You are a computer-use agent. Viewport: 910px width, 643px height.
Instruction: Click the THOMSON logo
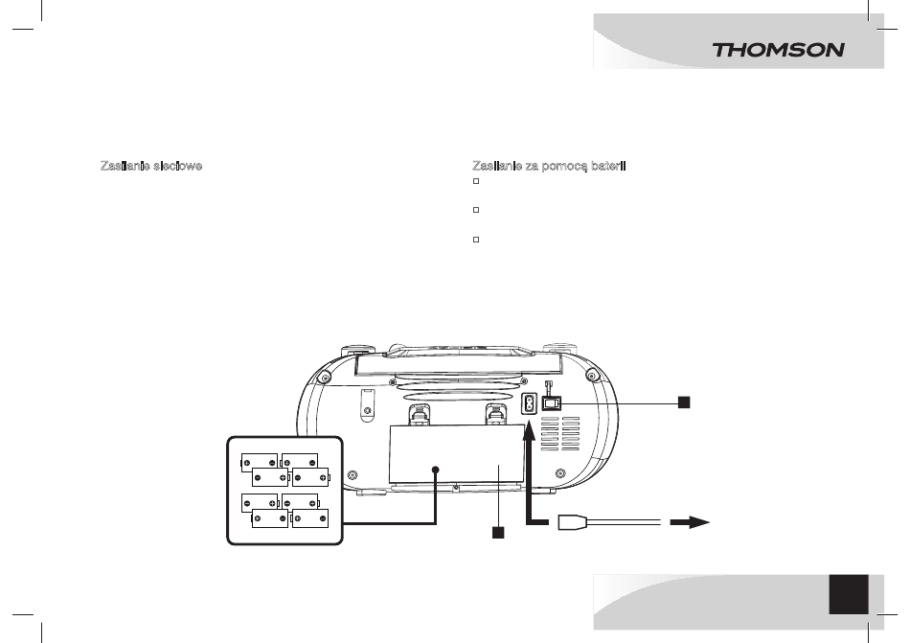[778, 50]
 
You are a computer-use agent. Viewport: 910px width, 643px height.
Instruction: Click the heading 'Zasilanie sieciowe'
[151, 166]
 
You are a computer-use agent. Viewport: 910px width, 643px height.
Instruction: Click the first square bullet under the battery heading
[476, 181]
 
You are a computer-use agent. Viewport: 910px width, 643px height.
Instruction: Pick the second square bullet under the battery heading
[476, 210]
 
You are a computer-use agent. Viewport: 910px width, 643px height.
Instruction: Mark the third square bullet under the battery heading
[476, 240]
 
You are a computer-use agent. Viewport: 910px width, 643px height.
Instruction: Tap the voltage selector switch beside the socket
[552, 402]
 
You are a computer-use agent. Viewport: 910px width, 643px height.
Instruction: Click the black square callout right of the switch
[684, 402]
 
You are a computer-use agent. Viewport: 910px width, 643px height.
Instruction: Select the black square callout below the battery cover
[498, 533]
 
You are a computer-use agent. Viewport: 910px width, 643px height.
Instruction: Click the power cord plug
[572, 522]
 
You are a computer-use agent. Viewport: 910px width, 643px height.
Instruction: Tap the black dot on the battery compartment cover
[435, 470]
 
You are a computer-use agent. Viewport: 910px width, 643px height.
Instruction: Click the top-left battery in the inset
[260, 463]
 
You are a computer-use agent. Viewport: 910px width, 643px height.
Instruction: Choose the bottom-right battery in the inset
[310, 518]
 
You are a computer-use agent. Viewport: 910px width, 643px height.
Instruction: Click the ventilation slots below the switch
[560, 433]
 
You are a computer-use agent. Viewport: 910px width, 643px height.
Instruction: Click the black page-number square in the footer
[849, 594]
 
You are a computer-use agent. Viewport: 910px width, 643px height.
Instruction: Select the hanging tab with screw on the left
[367, 402]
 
